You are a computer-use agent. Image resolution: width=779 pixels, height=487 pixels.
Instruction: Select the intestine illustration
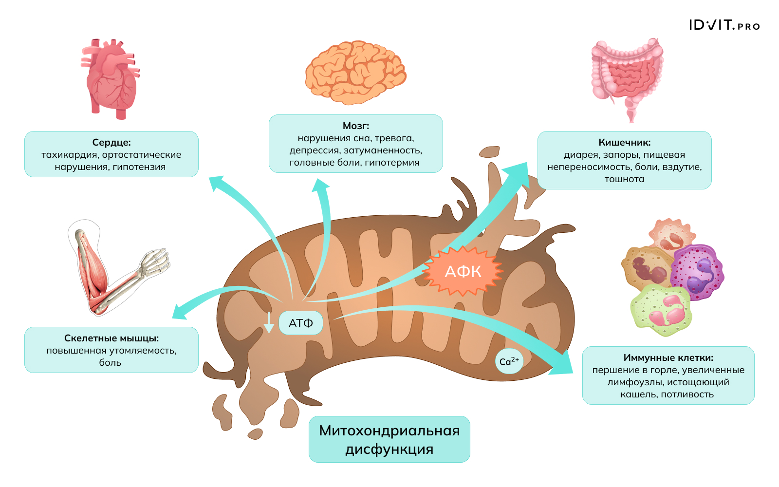pyautogui.click(x=627, y=75)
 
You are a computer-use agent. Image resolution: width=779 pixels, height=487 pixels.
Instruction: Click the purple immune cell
pyautogui.click(x=697, y=272)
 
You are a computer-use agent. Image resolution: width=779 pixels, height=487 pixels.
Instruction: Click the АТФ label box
pyautogui.click(x=300, y=323)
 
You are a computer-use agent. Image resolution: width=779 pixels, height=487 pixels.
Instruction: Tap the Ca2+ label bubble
pyautogui.click(x=509, y=361)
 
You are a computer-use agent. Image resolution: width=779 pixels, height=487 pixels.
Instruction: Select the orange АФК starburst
pyautogui.click(x=463, y=271)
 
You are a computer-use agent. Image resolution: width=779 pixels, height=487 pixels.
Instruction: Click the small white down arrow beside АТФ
pyautogui.click(x=269, y=323)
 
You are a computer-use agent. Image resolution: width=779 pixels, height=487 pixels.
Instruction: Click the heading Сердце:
pyautogui.click(x=111, y=142)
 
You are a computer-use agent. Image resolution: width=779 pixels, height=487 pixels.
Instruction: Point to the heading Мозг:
pyautogui.click(x=356, y=126)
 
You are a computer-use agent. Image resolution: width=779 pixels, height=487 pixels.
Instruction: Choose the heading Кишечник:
pyautogui.click(x=625, y=142)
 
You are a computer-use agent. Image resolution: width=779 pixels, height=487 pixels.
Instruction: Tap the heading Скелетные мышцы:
pyautogui.click(x=111, y=338)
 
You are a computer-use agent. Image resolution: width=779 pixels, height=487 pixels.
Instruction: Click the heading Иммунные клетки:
pyautogui.click(x=668, y=357)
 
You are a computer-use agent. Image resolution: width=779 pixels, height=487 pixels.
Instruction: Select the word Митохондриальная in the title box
pyautogui.click(x=389, y=431)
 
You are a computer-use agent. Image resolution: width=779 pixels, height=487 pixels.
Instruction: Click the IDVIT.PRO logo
pyautogui.click(x=724, y=25)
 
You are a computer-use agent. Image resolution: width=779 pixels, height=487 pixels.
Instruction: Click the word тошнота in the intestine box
pyautogui.click(x=625, y=179)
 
